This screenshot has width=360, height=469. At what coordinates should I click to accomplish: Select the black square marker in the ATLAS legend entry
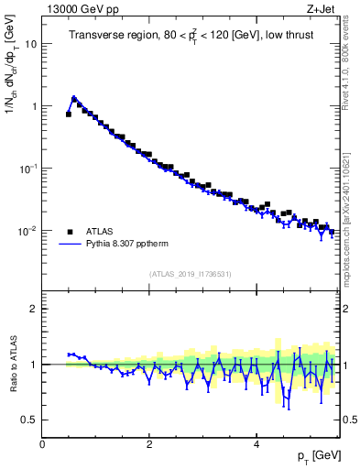(70, 231)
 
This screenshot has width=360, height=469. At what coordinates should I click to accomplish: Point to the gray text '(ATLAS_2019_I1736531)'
(191, 273)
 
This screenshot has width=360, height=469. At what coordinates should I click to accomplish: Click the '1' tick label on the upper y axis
(33, 106)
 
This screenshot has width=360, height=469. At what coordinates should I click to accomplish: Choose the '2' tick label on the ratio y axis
(33, 309)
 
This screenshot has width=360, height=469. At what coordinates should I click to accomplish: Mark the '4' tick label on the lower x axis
(256, 442)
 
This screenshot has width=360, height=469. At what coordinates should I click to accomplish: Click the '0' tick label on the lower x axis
(42, 442)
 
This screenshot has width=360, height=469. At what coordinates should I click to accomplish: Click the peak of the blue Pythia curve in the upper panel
(74, 97)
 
